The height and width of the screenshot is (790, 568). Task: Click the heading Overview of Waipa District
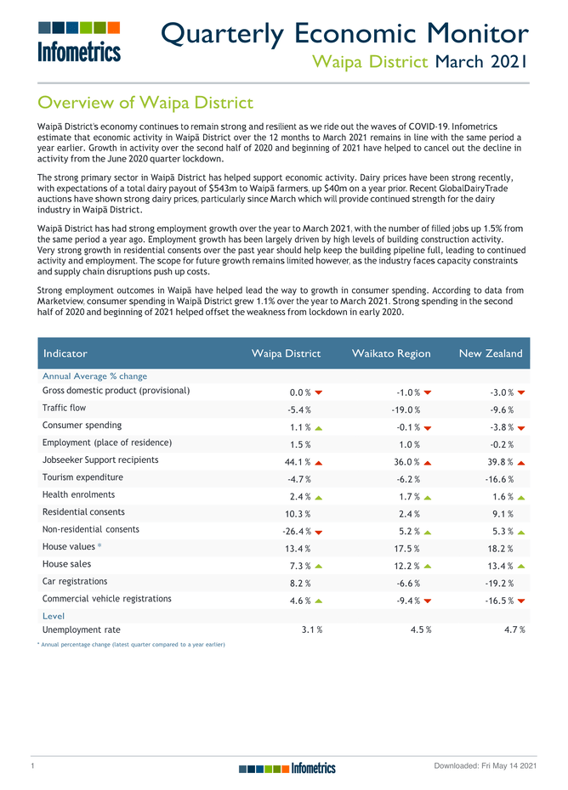tap(145, 103)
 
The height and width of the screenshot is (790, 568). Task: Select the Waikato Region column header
tap(391, 353)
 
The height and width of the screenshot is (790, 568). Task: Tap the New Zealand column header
tap(491, 353)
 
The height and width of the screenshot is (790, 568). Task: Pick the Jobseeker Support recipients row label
tap(100, 460)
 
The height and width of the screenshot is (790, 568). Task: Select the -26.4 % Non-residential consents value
tap(296, 531)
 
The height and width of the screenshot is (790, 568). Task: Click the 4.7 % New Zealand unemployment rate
tap(512, 629)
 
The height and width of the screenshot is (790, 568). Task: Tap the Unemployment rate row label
tap(81, 629)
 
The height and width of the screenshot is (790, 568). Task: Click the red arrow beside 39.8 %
tap(520, 461)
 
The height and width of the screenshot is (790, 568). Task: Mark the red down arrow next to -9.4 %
tap(427, 600)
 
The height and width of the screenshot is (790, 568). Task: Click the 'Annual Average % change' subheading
tap(94, 375)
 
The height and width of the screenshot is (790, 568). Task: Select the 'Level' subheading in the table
tap(54, 616)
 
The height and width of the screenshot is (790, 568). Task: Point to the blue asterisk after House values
tap(99, 546)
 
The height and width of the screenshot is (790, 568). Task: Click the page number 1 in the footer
tap(31, 768)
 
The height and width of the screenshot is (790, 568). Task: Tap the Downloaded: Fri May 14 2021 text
tap(485, 768)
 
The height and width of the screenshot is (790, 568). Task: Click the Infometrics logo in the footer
tap(287, 768)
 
